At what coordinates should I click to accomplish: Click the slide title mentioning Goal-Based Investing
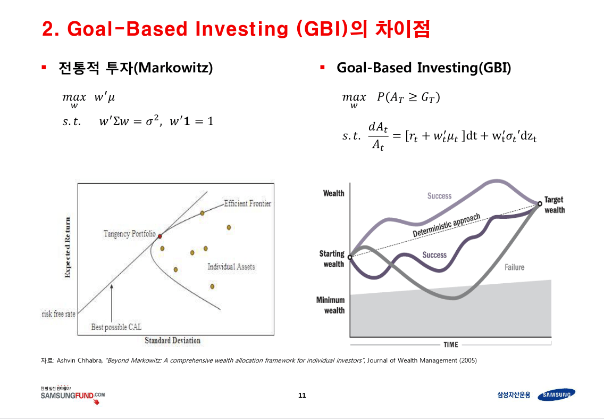pos(236,29)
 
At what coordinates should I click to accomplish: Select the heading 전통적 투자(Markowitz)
pos(136,68)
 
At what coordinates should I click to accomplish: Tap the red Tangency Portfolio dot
pos(159,235)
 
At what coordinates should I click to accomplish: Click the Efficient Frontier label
pos(247,203)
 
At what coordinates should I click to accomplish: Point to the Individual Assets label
pos(231,267)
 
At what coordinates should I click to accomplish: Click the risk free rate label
pos(58,314)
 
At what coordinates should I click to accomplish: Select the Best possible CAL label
pos(116,327)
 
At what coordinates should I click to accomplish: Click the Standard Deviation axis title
pos(173,340)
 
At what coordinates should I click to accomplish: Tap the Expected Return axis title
pos(68,248)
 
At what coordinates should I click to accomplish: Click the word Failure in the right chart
pos(514,267)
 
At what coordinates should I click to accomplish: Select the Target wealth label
pos(554,205)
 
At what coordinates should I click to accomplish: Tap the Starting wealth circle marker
pos(350,258)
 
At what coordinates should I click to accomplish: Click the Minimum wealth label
pos(331,305)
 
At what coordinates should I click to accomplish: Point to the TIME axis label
pos(450,344)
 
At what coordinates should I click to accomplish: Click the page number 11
pos(302,396)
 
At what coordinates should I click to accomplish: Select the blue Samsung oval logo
pos(556,395)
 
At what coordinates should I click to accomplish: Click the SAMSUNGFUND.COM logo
pos(72,396)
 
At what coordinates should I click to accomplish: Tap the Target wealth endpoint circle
pos(540,203)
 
